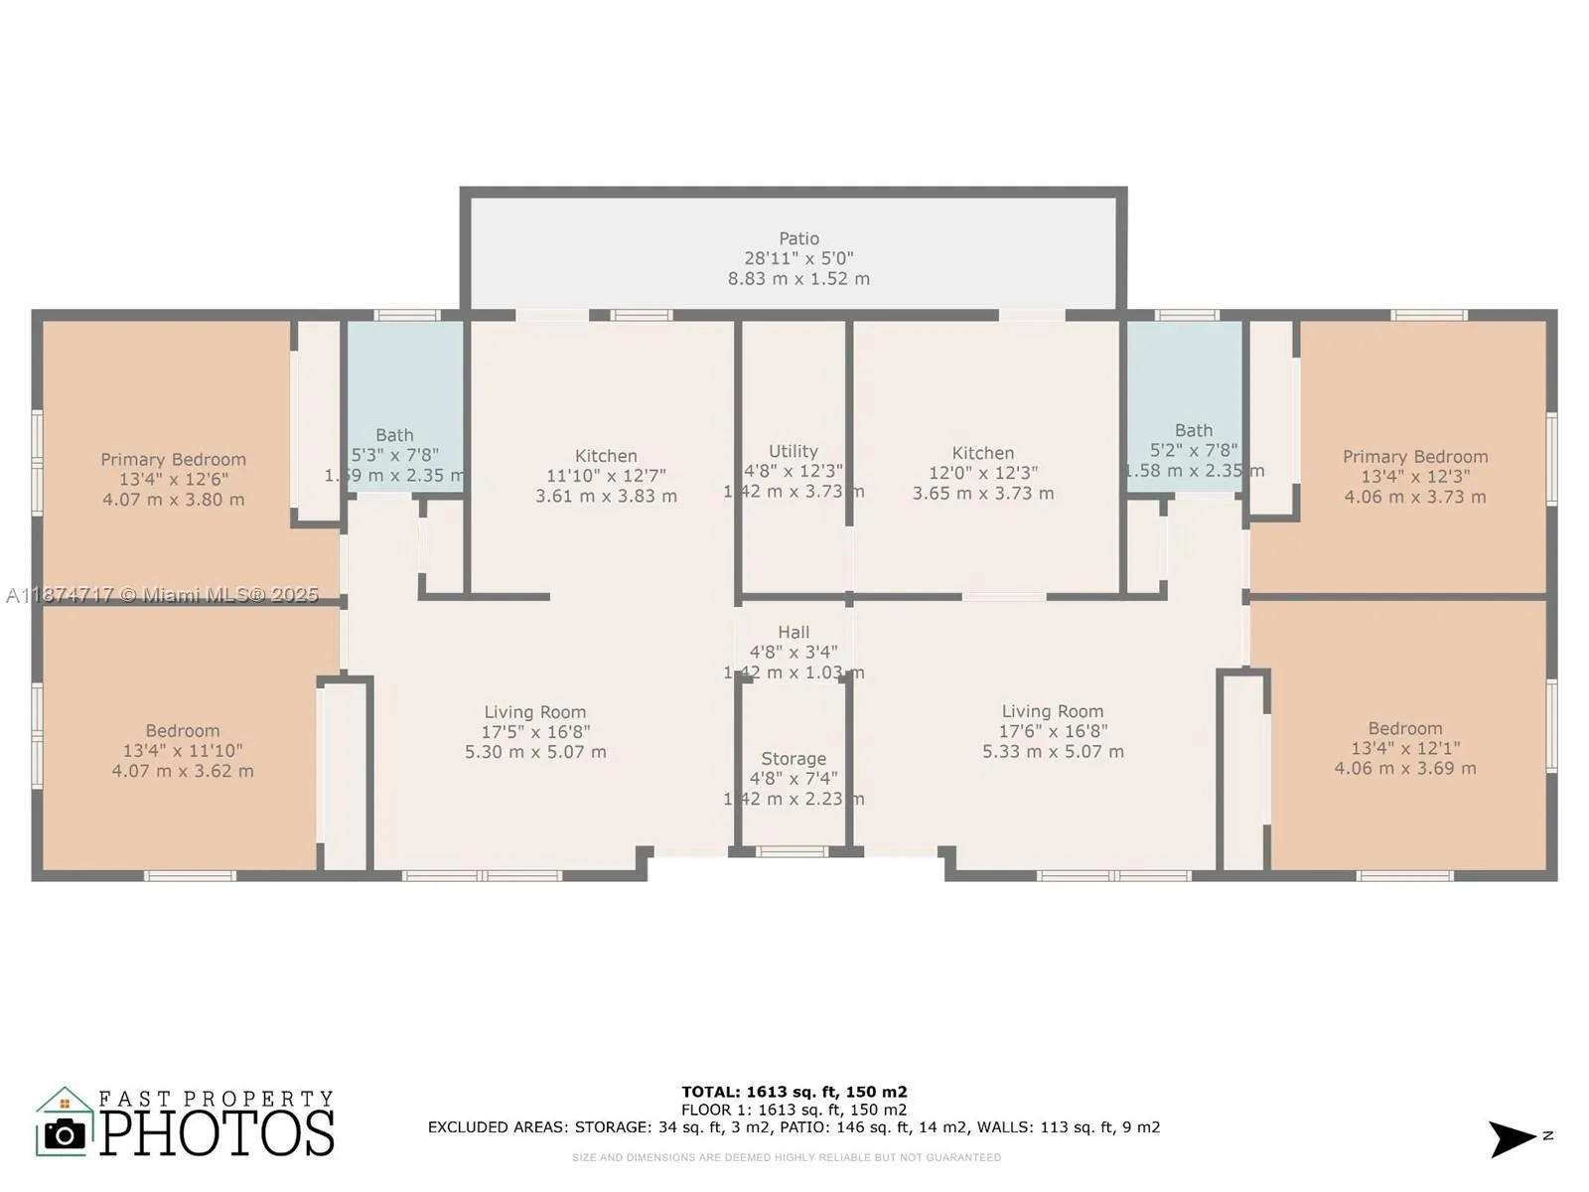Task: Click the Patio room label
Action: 798,239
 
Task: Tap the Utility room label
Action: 793,452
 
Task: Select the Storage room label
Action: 793,759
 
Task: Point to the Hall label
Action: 793,633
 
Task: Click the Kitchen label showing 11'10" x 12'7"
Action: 606,457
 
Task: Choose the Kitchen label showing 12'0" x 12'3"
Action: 982,454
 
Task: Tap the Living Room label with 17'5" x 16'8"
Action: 534,712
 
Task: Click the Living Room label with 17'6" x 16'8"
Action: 1052,711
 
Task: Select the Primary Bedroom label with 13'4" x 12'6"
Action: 173,460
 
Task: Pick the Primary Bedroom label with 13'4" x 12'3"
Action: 1414,457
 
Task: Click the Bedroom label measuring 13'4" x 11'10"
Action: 182,731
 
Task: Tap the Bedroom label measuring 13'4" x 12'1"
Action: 1404,729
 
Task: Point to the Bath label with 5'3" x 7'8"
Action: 394,436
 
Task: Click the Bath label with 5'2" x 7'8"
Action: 1193,431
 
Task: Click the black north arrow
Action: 1512,1138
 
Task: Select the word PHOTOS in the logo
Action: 217,1133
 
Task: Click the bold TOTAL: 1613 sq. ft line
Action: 794,1092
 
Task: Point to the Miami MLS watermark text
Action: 162,595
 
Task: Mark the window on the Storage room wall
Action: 792,851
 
